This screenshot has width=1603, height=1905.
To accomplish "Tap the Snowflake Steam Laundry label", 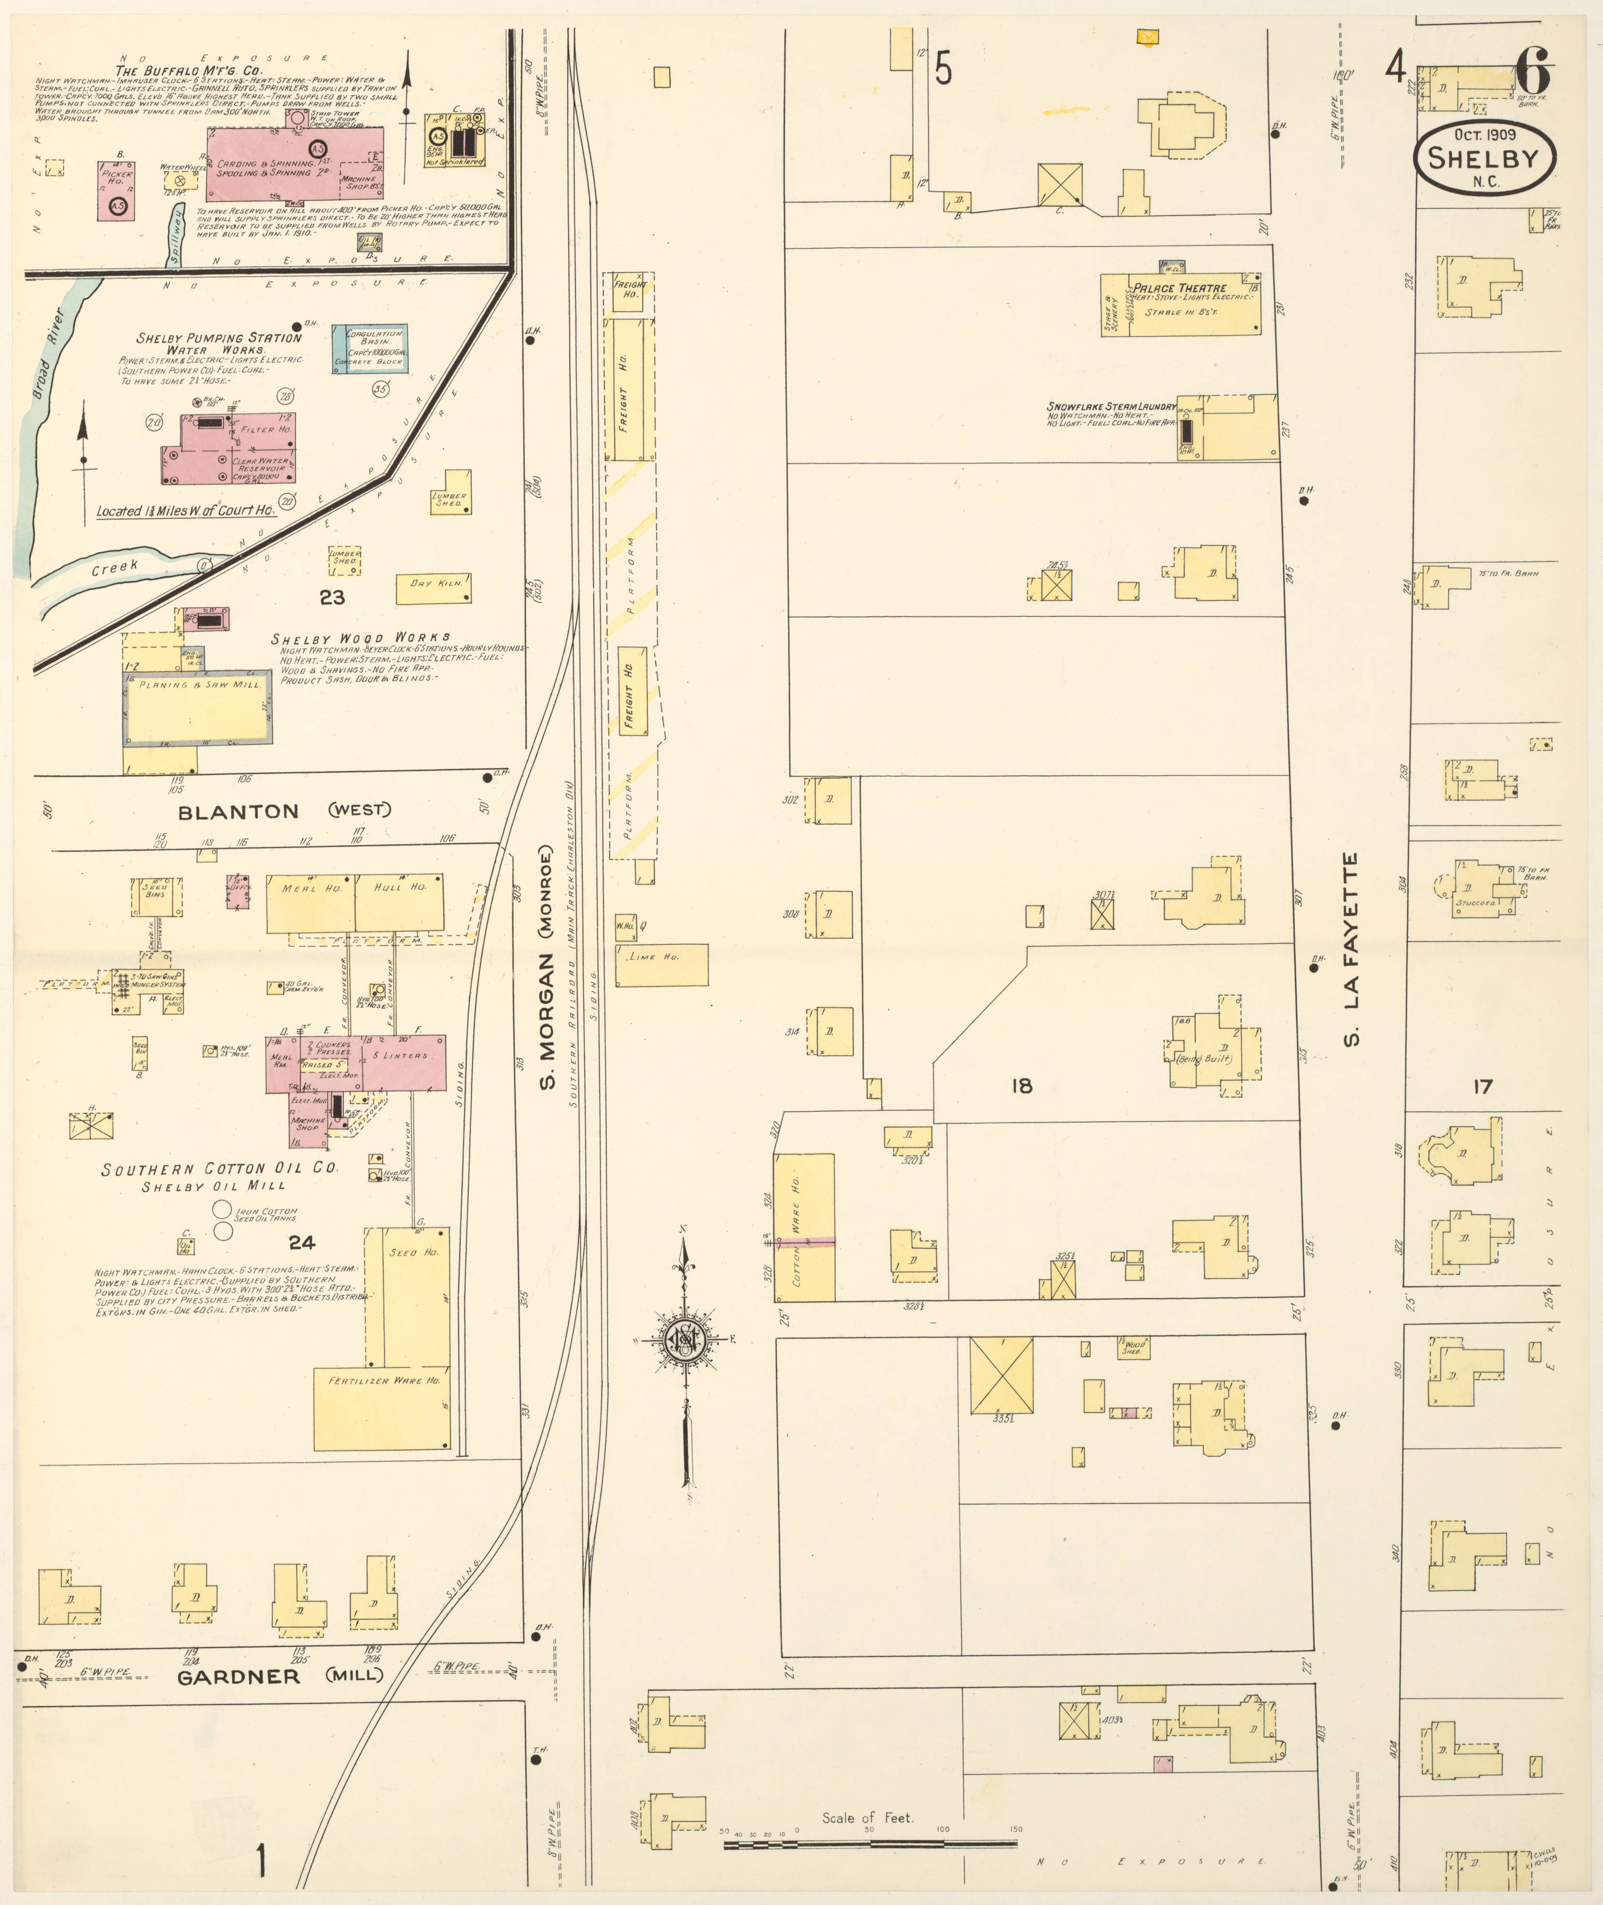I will pyautogui.click(x=1110, y=407).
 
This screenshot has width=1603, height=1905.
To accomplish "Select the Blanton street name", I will pyautogui.click(x=238, y=812).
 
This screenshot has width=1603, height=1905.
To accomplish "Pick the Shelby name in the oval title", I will pyautogui.click(x=1483, y=158).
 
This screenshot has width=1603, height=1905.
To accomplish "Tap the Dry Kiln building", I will pyautogui.click(x=434, y=588).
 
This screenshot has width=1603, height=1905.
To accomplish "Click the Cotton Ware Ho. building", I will pyautogui.click(x=804, y=1227).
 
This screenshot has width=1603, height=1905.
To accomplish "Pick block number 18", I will pyautogui.click(x=1021, y=1085).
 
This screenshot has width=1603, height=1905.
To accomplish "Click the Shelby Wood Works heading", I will pyautogui.click(x=360, y=638).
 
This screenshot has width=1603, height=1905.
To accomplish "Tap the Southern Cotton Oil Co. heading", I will pyautogui.click(x=219, y=1169).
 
